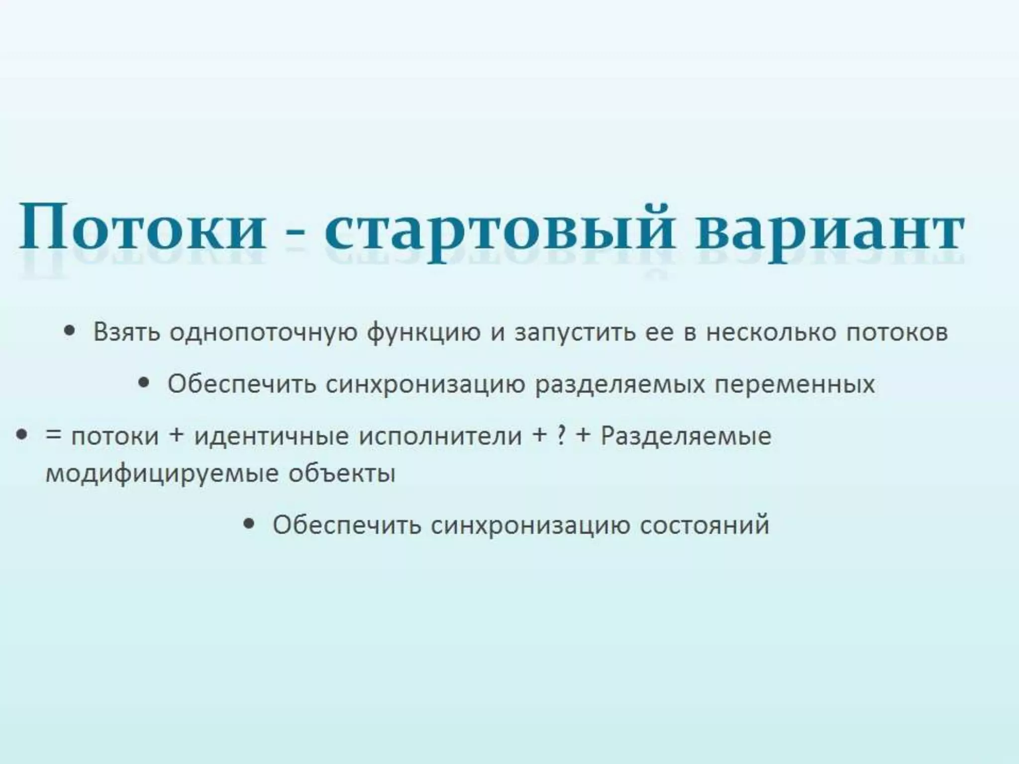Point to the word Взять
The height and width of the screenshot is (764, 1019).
click(x=127, y=332)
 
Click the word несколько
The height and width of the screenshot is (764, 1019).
click(x=772, y=332)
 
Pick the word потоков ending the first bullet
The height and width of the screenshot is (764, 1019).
click(x=898, y=332)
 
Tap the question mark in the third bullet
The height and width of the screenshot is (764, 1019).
click(x=561, y=436)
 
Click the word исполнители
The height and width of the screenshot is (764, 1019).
click(x=440, y=436)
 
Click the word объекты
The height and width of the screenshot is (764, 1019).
click(x=342, y=473)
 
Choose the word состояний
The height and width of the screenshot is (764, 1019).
click(x=705, y=525)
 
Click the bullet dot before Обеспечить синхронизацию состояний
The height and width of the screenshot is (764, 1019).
click(x=250, y=523)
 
